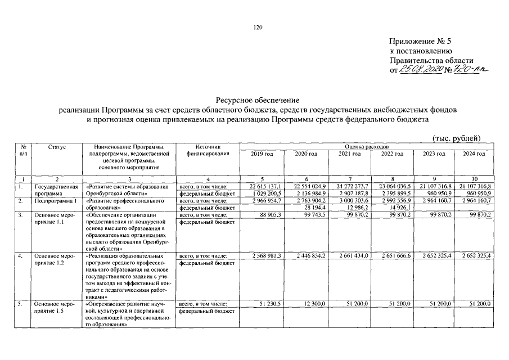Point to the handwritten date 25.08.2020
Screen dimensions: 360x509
coord(421,70)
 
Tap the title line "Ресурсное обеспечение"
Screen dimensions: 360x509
coord(255,99)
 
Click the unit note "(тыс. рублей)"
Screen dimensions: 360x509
coord(457,138)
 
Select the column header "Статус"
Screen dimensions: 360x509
coord(57,147)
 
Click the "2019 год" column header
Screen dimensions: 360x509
coord(262,154)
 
